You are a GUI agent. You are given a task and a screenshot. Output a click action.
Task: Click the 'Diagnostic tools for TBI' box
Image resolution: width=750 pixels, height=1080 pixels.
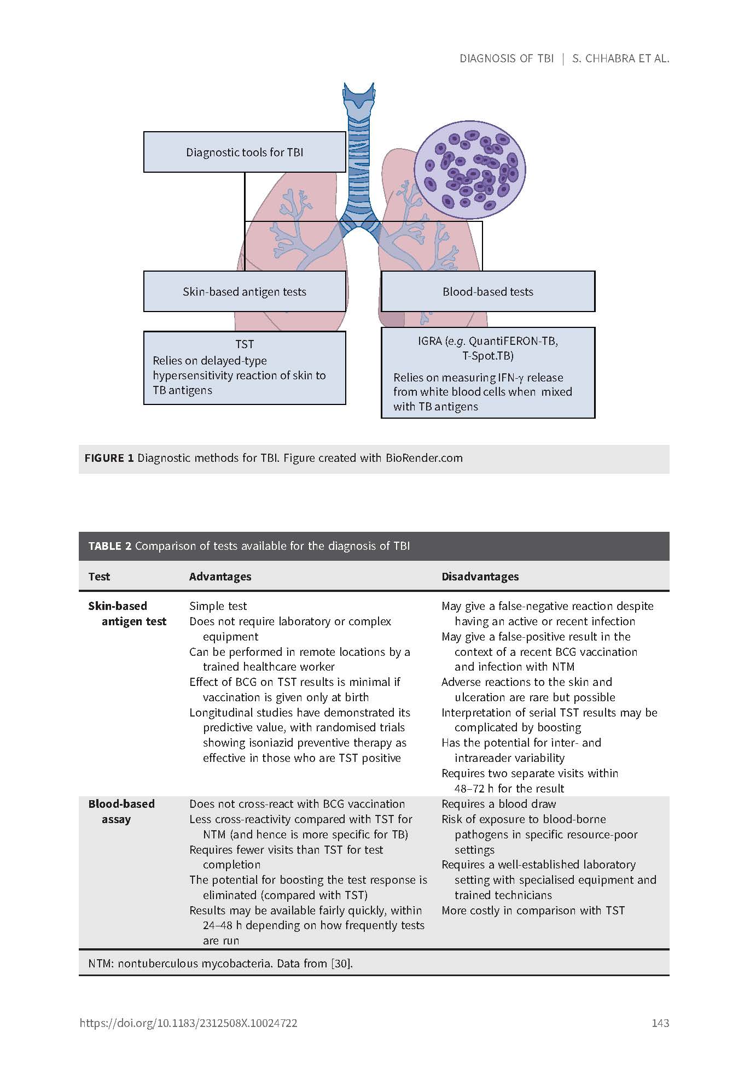(x=244, y=152)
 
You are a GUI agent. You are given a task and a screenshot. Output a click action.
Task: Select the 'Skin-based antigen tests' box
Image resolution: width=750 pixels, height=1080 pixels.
(x=244, y=291)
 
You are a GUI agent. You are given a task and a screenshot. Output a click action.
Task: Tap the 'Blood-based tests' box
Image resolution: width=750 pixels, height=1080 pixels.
(x=487, y=291)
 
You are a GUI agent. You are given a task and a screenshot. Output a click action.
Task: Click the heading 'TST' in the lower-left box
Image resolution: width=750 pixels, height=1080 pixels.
(x=245, y=344)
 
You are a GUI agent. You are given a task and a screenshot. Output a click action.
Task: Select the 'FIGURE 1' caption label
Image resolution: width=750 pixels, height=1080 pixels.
(x=109, y=458)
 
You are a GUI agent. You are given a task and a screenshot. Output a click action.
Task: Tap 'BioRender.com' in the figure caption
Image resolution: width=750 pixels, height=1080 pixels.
(x=424, y=458)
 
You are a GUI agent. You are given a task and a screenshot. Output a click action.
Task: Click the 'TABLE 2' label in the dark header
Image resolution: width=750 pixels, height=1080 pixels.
(x=110, y=546)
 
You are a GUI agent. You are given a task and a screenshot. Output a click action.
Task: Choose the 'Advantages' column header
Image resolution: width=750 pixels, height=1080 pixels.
(x=220, y=577)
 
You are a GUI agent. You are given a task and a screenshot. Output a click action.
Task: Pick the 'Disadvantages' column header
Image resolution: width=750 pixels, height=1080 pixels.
(x=480, y=577)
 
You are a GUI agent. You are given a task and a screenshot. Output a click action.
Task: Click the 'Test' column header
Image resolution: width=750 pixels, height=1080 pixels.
(x=99, y=577)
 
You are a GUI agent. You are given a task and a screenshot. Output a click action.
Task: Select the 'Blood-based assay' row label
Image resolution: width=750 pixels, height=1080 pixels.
(x=121, y=811)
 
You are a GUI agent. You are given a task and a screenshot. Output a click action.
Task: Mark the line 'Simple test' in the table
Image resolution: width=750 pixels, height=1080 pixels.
(x=218, y=606)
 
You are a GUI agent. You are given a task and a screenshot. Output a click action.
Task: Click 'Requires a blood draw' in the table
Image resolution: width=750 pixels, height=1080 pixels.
(x=498, y=804)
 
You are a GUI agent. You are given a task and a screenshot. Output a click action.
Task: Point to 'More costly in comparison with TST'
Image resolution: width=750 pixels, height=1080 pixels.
(x=533, y=911)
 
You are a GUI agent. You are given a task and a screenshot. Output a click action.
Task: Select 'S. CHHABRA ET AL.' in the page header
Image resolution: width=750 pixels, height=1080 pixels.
(x=620, y=58)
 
